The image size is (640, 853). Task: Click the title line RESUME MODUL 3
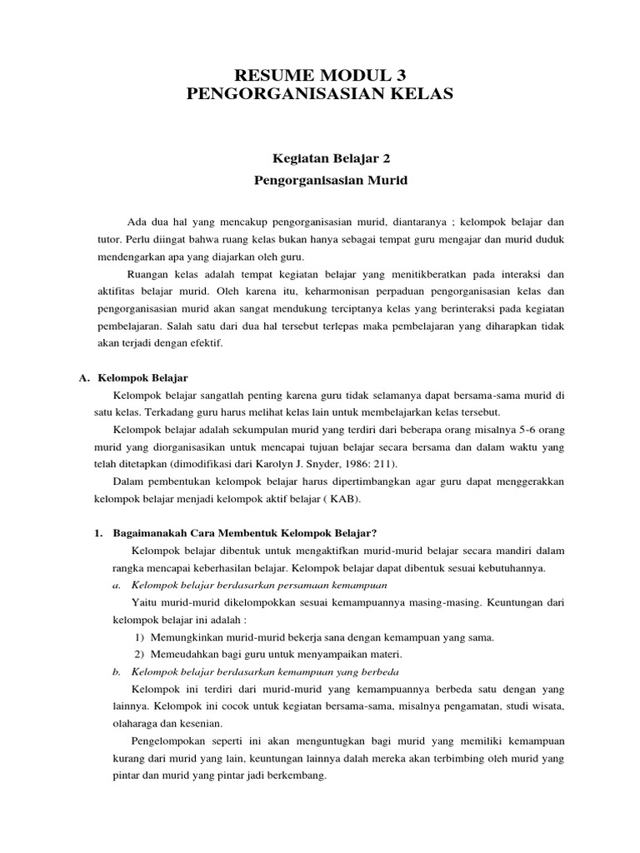(320, 75)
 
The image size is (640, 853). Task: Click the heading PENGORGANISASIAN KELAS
(320, 95)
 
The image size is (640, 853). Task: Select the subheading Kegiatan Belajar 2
(320, 156)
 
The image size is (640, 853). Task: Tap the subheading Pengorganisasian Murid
(320, 178)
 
